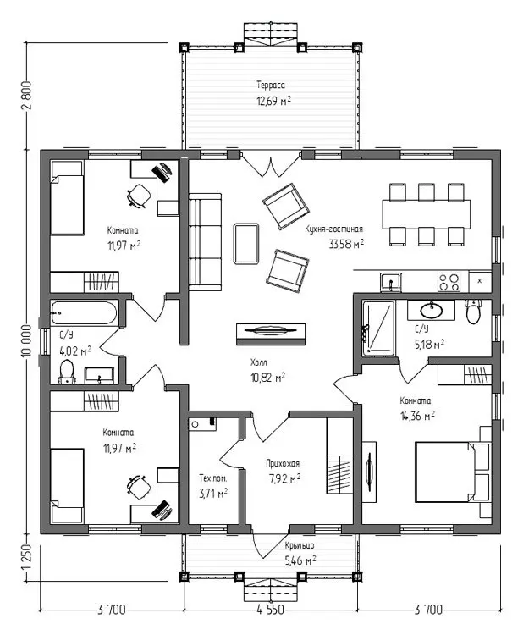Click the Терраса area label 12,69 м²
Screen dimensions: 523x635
pyautogui.click(x=273, y=101)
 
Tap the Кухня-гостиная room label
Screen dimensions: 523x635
pyautogui.click(x=334, y=229)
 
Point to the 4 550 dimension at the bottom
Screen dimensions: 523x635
pyautogui.click(x=271, y=609)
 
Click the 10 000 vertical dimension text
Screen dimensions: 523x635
pyautogui.click(x=27, y=340)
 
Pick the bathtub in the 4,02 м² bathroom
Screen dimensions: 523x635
pyautogui.click(x=84, y=313)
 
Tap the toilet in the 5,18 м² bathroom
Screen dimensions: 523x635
pyautogui.click(x=473, y=311)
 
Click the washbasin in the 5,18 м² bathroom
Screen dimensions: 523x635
pyautogui.click(x=432, y=311)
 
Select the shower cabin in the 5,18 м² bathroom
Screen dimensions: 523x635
pyautogui.click(x=378, y=329)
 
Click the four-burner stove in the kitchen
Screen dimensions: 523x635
pyautogui.click(x=449, y=282)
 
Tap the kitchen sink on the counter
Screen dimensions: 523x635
pyautogui.click(x=391, y=282)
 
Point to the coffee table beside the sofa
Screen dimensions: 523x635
pyautogui.click(x=246, y=244)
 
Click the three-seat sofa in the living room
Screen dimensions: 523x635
pyautogui.click(x=206, y=242)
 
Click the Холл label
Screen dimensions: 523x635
pyautogui.click(x=259, y=362)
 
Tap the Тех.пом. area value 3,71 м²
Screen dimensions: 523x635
pyautogui.click(x=213, y=494)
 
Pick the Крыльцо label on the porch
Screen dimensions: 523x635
pyautogui.click(x=300, y=546)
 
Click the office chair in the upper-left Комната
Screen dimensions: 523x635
pyautogui.click(x=139, y=196)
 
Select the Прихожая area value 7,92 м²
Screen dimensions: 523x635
pyautogui.click(x=284, y=478)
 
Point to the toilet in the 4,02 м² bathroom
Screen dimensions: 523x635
pyautogui.click(x=67, y=372)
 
